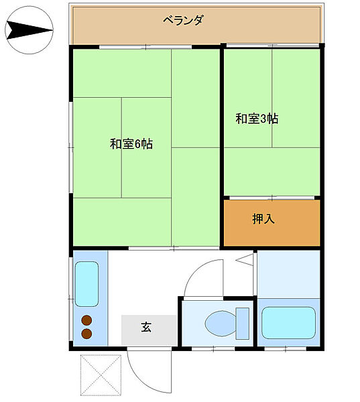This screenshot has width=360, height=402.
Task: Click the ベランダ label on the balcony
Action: point(183,20)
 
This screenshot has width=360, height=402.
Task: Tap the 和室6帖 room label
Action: point(131,143)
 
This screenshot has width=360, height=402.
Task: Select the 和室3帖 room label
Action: point(257,119)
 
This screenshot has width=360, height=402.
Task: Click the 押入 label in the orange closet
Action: point(263,219)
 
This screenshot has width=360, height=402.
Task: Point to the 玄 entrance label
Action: point(145,328)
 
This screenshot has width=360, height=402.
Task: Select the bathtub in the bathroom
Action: point(288,323)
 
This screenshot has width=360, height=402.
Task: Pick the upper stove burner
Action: point(86,320)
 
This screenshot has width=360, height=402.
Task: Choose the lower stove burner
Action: point(86,333)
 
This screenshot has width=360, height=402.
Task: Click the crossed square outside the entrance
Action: point(101,375)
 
